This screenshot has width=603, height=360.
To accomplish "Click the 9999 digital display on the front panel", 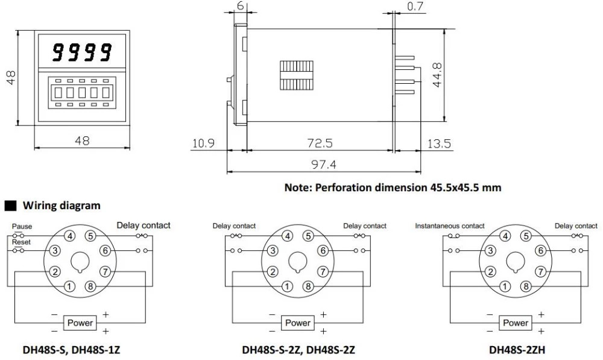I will coord(81,52).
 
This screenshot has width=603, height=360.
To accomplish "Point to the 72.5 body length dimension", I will coord(320,144).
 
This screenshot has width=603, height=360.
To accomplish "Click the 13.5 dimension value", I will coord(438,144).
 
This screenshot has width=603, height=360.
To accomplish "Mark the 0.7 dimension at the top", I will coord(415,8).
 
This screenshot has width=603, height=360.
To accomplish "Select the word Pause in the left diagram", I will coord(22,227).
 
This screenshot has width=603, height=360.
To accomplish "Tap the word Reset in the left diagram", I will coord(21,241).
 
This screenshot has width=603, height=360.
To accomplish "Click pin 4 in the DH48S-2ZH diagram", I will coord(505,236).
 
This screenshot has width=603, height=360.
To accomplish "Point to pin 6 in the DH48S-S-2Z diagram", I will coord(323,250).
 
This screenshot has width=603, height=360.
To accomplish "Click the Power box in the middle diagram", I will coord(298,323).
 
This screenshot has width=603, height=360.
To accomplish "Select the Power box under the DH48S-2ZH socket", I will coord(516,323).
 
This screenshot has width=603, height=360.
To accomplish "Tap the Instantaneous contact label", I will coord(450,226).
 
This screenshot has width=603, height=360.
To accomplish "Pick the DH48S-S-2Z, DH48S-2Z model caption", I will coord(298,349).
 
